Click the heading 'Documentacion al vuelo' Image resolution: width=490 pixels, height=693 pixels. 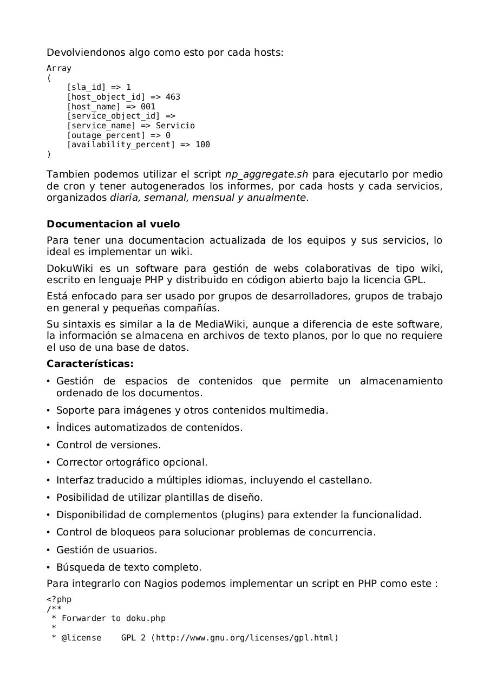[113, 224]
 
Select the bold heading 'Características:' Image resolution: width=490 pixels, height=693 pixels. [90, 364]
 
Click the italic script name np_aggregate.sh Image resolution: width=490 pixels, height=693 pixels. [266, 174]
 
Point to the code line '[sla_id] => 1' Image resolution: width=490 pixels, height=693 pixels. [99, 87]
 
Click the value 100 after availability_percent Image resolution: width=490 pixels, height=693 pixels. [202, 145]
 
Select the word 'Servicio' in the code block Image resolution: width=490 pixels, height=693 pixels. [175, 126]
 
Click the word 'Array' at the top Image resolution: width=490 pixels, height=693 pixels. [58, 68]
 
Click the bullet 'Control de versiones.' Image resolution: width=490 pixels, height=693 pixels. [108, 445]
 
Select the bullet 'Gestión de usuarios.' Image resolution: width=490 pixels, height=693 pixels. [107, 550]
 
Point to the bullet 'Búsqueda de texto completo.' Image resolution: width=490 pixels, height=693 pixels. [128, 567]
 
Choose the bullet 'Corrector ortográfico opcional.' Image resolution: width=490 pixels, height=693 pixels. [132, 462]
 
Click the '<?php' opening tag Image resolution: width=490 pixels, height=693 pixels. [58, 599]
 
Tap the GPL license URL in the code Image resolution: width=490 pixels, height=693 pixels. [244, 638]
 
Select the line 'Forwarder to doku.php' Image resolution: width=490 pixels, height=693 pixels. [113, 618]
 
